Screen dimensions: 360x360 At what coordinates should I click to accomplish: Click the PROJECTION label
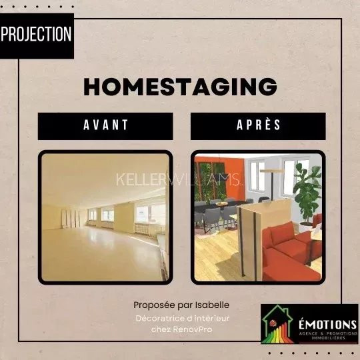[37, 34]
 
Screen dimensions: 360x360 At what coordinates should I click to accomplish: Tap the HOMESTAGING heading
[180, 87]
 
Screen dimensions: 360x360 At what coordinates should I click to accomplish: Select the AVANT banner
[105, 126]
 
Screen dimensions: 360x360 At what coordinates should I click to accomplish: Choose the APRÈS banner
[258, 126]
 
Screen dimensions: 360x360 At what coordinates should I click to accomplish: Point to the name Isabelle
[212, 305]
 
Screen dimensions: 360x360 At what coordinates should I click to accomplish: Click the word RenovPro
[193, 329]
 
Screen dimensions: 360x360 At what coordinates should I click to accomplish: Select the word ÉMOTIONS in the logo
[327, 325]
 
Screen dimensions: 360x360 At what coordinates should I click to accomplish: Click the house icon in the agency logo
[278, 324]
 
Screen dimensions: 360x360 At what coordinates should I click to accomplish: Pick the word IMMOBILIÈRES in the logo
[328, 338]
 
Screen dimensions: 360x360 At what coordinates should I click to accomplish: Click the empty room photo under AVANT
[105, 217]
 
